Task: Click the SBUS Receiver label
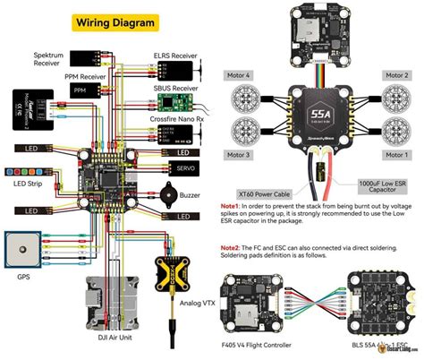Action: click(174, 89)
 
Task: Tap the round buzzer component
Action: click(168, 194)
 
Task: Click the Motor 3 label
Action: click(240, 155)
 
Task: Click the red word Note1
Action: click(231, 206)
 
